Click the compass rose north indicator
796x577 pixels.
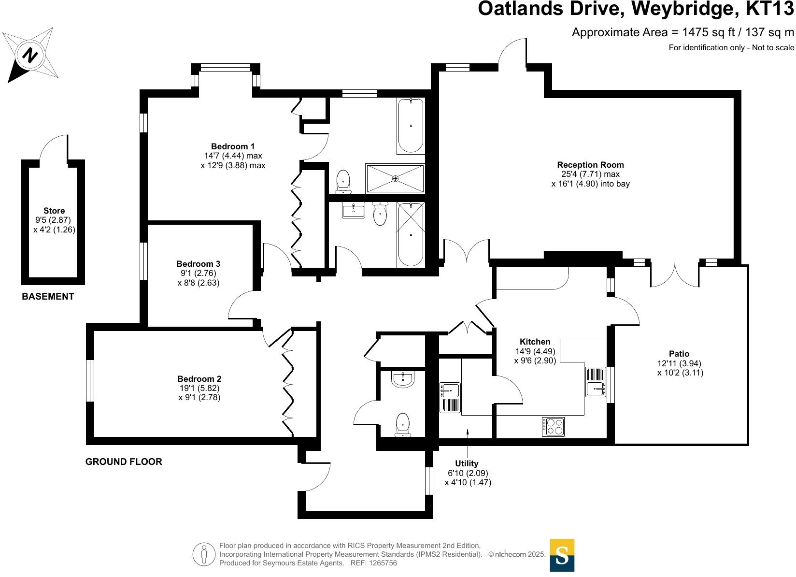(x=30, y=55)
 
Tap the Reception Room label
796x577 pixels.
(x=590, y=165)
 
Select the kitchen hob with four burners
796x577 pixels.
(x=553, y=426)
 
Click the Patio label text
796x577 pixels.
(x=679, y=354)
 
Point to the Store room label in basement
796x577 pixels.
(x=54, y=211)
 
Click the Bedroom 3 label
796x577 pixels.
(x=198, y=264)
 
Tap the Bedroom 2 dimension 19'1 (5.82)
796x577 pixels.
(x=199, y=388)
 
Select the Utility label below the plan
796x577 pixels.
(x=467, y=463)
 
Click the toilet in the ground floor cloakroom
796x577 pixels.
(x=402, y=425)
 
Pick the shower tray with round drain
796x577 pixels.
(x=395, y=178)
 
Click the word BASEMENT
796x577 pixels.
(x=48, y=297)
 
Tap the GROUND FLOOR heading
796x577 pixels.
(x=124, y=462)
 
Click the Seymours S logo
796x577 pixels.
(x=562, y=555)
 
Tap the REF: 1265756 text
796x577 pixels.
(x=373, y=563)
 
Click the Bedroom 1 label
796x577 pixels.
(x=233, y=146)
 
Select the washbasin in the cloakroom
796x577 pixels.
(x=402, y=380)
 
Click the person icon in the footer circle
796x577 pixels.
(x=204, y=555)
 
